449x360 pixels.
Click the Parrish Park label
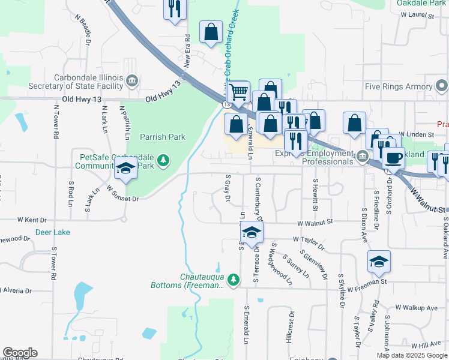(x=162, y=137)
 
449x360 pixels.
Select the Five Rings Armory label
(x=399, y=87)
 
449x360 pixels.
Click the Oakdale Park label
(x=421, y=3)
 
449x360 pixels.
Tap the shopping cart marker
(x=238, y=92)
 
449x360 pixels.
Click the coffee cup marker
(x=393, y=158)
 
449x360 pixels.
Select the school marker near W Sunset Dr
(x=125, y=169)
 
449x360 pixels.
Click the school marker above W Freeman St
(x=379, y=261)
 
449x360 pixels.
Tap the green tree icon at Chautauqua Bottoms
(x=234, y=280)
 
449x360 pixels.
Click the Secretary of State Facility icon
(x=133, y=81)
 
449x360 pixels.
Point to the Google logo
(x=20, y=353)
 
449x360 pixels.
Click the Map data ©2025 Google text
(x=412, y=355)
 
